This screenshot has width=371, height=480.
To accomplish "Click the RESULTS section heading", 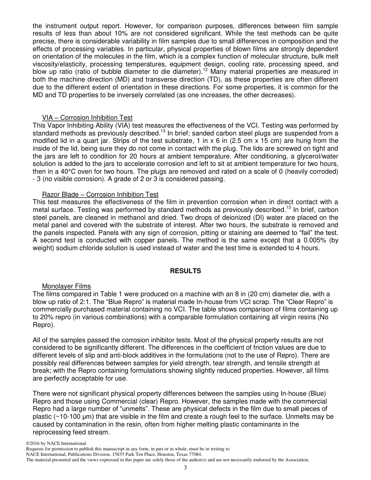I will click(185, 271).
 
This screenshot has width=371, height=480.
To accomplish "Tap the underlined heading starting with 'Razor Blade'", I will click(100, 194).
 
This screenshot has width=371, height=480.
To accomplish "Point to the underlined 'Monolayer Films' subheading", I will click(66, 286).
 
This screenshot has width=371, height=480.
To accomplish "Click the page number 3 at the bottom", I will click(185, 468).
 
